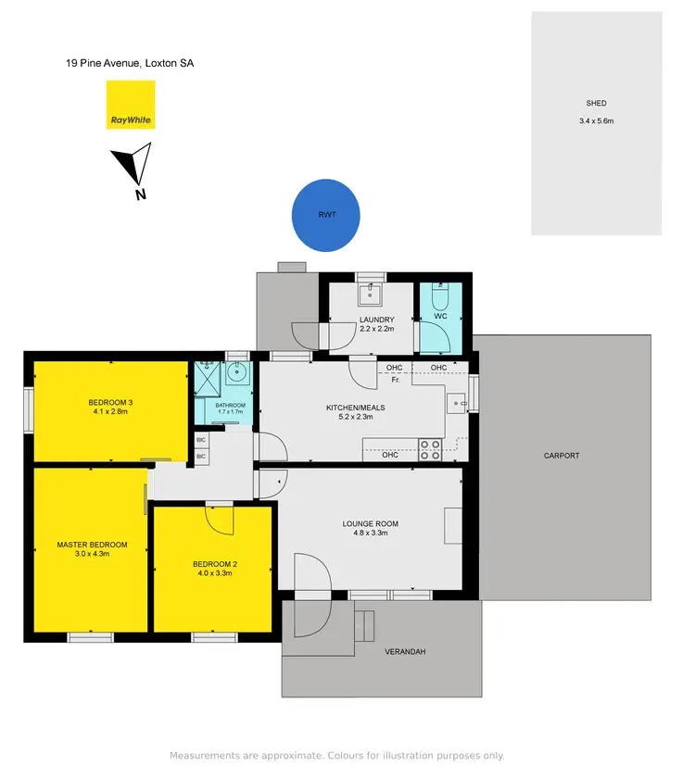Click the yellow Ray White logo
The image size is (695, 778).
[x=130, y=105]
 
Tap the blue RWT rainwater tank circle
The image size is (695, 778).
[x=326, y=214]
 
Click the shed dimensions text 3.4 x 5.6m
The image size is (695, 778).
[x=597, y=120]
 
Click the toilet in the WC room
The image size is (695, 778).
[x=440, y=298]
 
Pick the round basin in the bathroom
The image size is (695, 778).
[x=236, y=375]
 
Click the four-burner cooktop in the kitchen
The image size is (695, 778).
[x=431, y=450]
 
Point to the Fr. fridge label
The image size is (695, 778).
[x=396, y=380]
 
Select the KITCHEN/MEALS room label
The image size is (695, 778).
[x=355, y=408]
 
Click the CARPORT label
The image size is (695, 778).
[x=562, y=456]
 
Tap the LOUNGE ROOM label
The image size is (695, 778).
[x=370, y=524]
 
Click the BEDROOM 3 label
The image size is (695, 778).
[x=111, y=402]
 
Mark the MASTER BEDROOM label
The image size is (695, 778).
[x=92, y=545]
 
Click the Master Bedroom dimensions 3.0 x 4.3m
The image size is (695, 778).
[x=92, y=555]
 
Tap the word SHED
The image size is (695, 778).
[x=596, y=104]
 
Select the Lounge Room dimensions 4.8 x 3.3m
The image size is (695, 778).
[x=370, y=534]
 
